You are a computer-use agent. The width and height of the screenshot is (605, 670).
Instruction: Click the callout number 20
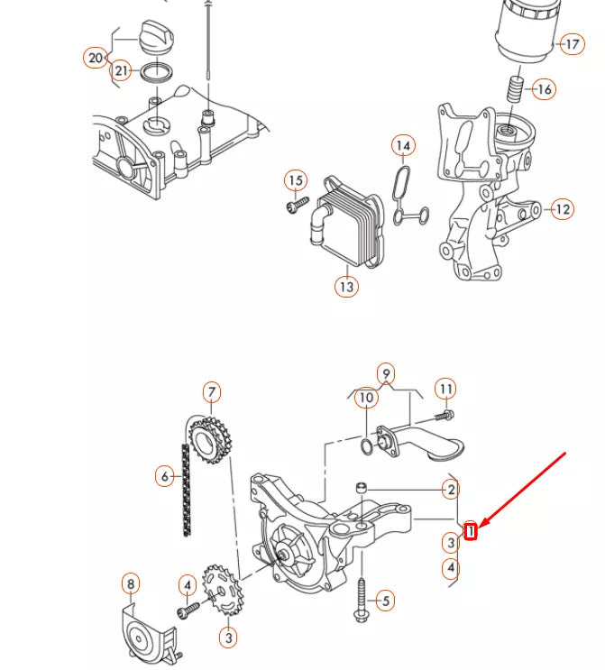click(96, 59)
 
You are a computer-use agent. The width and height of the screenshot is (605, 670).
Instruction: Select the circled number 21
click(121, 71)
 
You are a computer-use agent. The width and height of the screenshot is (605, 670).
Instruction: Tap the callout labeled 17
click(572, 43)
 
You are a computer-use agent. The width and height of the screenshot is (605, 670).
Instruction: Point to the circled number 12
click(561, 209)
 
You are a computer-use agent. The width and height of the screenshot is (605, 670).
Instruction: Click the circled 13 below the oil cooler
click(346, 287)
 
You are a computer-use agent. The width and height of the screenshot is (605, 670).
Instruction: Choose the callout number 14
click(403, 145)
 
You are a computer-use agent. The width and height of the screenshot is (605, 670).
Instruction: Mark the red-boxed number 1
click(471, 532)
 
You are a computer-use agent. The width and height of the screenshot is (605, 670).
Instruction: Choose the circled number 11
click(445, 390)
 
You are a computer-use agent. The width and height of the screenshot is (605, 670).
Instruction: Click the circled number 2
click(450, 490)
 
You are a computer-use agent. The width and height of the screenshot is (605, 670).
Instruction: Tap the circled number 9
click(386, 373)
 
